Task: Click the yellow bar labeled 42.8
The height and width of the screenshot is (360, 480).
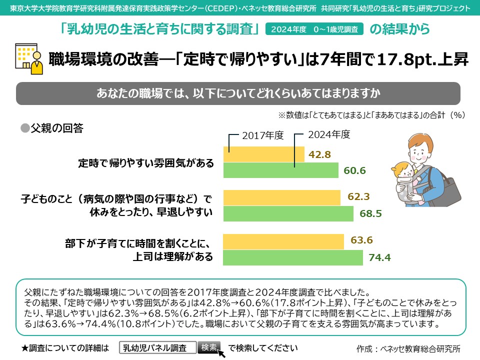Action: (263, 154)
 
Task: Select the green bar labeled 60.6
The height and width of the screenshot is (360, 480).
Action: (280, 170)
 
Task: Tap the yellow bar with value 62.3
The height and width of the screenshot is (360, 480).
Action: (281, 197)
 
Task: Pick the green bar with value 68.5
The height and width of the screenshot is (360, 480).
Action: (288, 213)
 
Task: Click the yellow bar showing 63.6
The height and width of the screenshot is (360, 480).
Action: (283, 241)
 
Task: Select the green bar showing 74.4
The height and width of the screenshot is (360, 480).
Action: (292, 257)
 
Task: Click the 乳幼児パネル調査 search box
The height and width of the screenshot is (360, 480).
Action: (157, 347)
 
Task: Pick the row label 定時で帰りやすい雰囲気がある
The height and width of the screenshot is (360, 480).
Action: (146, 163)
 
